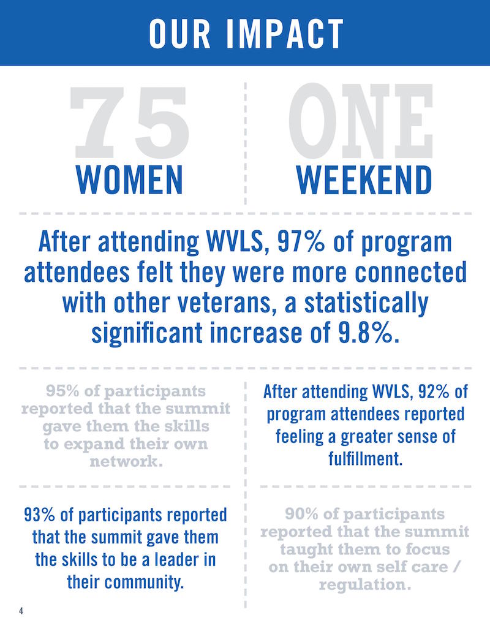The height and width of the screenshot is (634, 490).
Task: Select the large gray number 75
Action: coord(129,121)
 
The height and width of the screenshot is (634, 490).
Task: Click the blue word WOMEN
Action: coord(129,179)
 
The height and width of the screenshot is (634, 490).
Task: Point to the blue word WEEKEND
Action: coord(364,179)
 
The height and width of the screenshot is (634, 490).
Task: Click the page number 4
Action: coord(21,611)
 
